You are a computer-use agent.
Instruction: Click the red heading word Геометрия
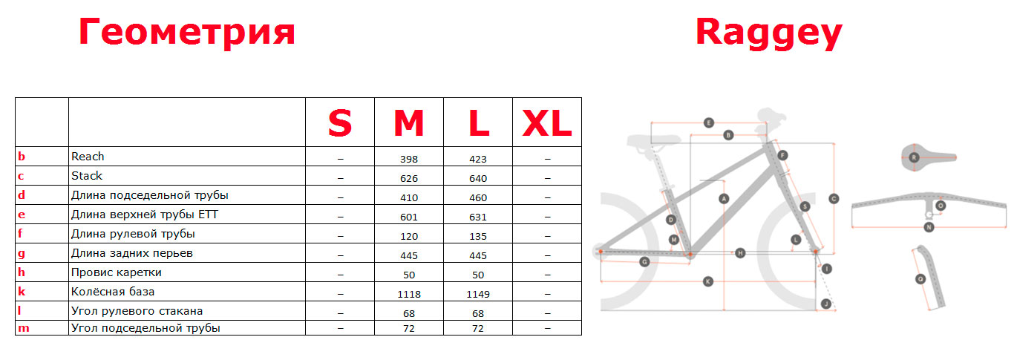pyautogui.click(x=187, y=33)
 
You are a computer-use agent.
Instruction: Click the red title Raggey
pyautogui.click(x=768, y=33)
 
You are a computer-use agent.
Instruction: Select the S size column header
pyautogui.click(x=340, y=123)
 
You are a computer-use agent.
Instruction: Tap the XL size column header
pyautogui.click(x=547, y=123)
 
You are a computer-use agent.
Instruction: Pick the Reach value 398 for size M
pyautogui.click(x=408, y=160)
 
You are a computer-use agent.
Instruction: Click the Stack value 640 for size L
pyautogui.click(x=478, y=179)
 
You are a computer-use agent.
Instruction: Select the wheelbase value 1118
pyautogui.click(x=408, y=295)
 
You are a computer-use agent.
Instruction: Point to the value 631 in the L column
pyautogui.click(x=478, y=217)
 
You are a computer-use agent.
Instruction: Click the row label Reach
pyautogui.click(x=88, y=157)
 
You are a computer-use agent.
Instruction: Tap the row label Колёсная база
pyautogui.click(x=113, y=292)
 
